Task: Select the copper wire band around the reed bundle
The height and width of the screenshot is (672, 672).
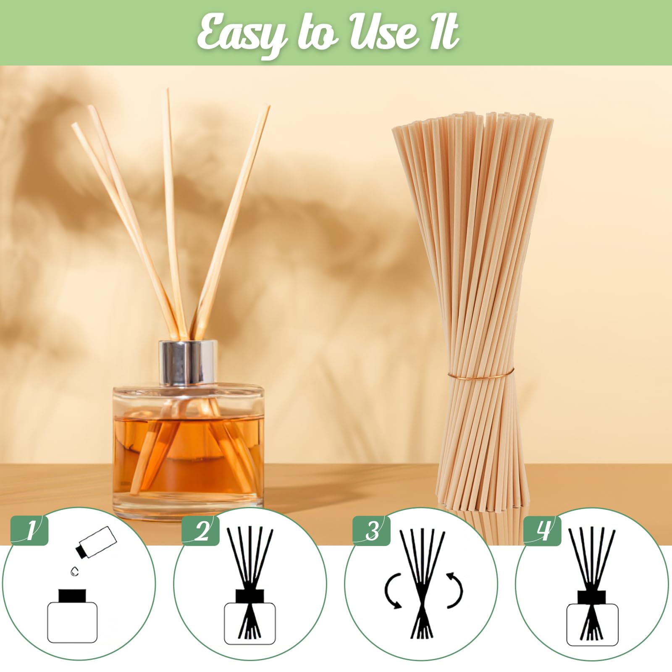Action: pos(480,373)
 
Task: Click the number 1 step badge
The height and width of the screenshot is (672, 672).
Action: pos(29,530)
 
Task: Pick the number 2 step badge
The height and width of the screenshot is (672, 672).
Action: pos(201,530)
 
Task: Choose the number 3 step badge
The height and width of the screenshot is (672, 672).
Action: pos(372,530)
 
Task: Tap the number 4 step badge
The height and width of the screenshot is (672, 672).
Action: pos(543,530)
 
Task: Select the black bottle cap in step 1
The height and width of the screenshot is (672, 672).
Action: pos(72,596)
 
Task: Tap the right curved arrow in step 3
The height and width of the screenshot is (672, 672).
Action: pos(455,590)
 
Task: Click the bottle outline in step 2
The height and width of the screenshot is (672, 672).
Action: pos(250,623)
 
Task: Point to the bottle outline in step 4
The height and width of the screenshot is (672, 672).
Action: pos(592,625)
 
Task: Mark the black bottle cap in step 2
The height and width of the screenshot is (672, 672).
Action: pos(250,596)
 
